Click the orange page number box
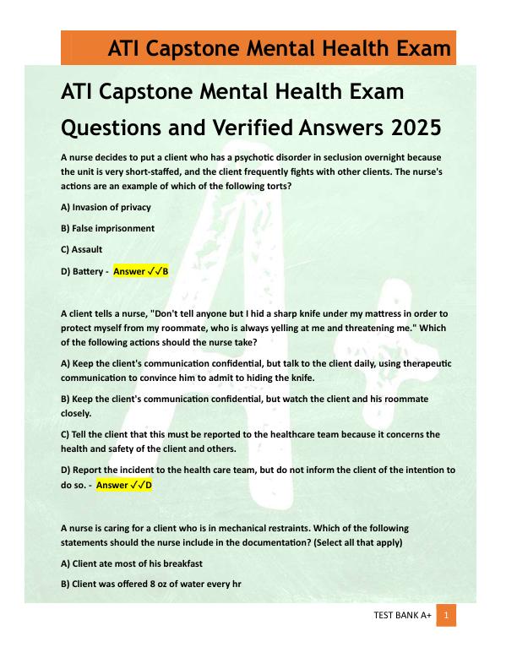446,616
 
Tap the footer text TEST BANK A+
402,617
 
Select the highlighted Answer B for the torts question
141,271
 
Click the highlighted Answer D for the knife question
124,485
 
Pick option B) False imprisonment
108,228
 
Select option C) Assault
82,249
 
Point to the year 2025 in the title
416,128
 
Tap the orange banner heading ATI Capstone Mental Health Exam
279,48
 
